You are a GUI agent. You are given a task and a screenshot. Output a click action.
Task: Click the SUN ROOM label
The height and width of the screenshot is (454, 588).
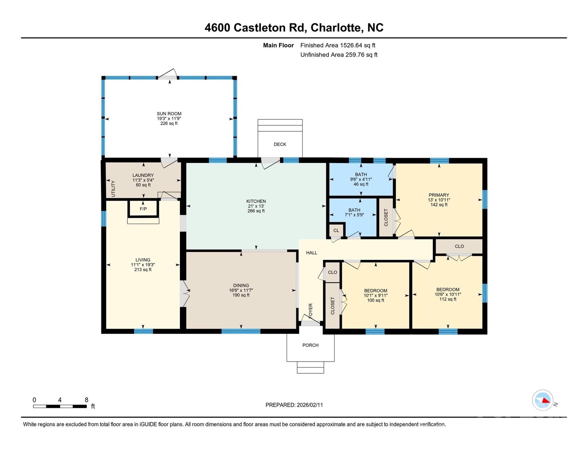click(169, 114)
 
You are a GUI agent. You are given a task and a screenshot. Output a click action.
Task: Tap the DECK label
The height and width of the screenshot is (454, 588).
click(280, 144)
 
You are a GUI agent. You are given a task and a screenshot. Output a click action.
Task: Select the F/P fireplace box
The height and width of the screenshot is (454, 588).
click(143, 209)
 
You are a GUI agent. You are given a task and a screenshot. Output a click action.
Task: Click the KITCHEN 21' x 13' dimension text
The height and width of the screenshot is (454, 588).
click(256, 206)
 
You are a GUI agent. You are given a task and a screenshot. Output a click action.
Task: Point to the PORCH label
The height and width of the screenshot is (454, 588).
click(310, 345)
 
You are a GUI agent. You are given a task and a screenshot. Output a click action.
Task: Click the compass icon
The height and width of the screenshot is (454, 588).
click(543, 400)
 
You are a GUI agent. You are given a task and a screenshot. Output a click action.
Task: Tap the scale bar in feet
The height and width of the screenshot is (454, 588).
click(60, 406)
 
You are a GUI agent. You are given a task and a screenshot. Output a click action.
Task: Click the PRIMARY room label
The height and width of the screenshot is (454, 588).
click(439, 195)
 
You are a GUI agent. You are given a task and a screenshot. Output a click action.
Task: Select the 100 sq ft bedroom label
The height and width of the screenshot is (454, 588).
click(375, 300)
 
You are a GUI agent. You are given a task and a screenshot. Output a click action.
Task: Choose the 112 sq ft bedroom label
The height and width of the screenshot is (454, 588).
click(448, 299)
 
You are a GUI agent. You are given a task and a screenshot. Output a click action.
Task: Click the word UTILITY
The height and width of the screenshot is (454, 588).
click(113, 189)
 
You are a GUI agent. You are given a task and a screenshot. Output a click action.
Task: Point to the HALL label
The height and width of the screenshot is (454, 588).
click(311, 253)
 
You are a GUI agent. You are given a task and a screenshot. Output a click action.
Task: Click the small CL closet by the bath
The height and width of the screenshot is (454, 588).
click(336, 231)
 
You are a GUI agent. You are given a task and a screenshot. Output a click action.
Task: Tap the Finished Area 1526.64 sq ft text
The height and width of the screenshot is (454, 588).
click(337, 45)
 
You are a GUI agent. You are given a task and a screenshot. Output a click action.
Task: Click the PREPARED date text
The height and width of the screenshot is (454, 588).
click(294, 405)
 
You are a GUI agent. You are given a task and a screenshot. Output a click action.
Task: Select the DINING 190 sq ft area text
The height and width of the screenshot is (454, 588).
click(241, 295)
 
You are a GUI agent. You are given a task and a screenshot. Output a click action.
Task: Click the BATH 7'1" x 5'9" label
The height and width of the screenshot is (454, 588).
click(354, 213)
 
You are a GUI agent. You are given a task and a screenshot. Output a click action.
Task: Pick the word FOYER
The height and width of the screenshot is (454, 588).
click(311, 311)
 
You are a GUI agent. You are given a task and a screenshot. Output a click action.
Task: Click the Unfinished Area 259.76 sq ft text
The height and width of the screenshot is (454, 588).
click(339, 55)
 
